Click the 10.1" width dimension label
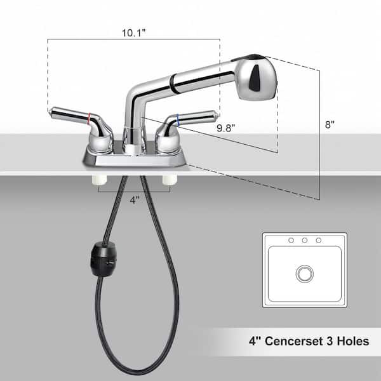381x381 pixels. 133,33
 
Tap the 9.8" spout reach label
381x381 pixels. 226,128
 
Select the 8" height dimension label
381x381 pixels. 330,124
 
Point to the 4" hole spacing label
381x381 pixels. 135,200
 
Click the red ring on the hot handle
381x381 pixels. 90,119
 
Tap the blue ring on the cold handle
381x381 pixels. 178,120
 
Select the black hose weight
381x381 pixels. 104,258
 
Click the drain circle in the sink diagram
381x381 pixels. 304,274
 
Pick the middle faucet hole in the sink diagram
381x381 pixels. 304,240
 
